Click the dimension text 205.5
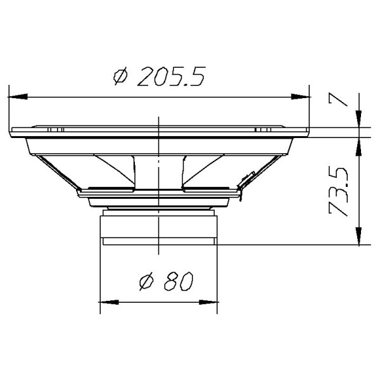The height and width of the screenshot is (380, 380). point(170,77)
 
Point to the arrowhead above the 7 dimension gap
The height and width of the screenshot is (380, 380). point(359,120)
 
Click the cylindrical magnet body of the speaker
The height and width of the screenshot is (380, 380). point(158,226)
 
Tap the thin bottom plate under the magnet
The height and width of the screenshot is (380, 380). point(158,241)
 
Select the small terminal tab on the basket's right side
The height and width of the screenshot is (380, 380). point(243,184)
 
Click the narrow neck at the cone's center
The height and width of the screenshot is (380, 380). point(158,171)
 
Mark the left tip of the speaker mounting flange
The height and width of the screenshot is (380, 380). point(13,132)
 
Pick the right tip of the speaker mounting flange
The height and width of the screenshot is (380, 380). point(308,132)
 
